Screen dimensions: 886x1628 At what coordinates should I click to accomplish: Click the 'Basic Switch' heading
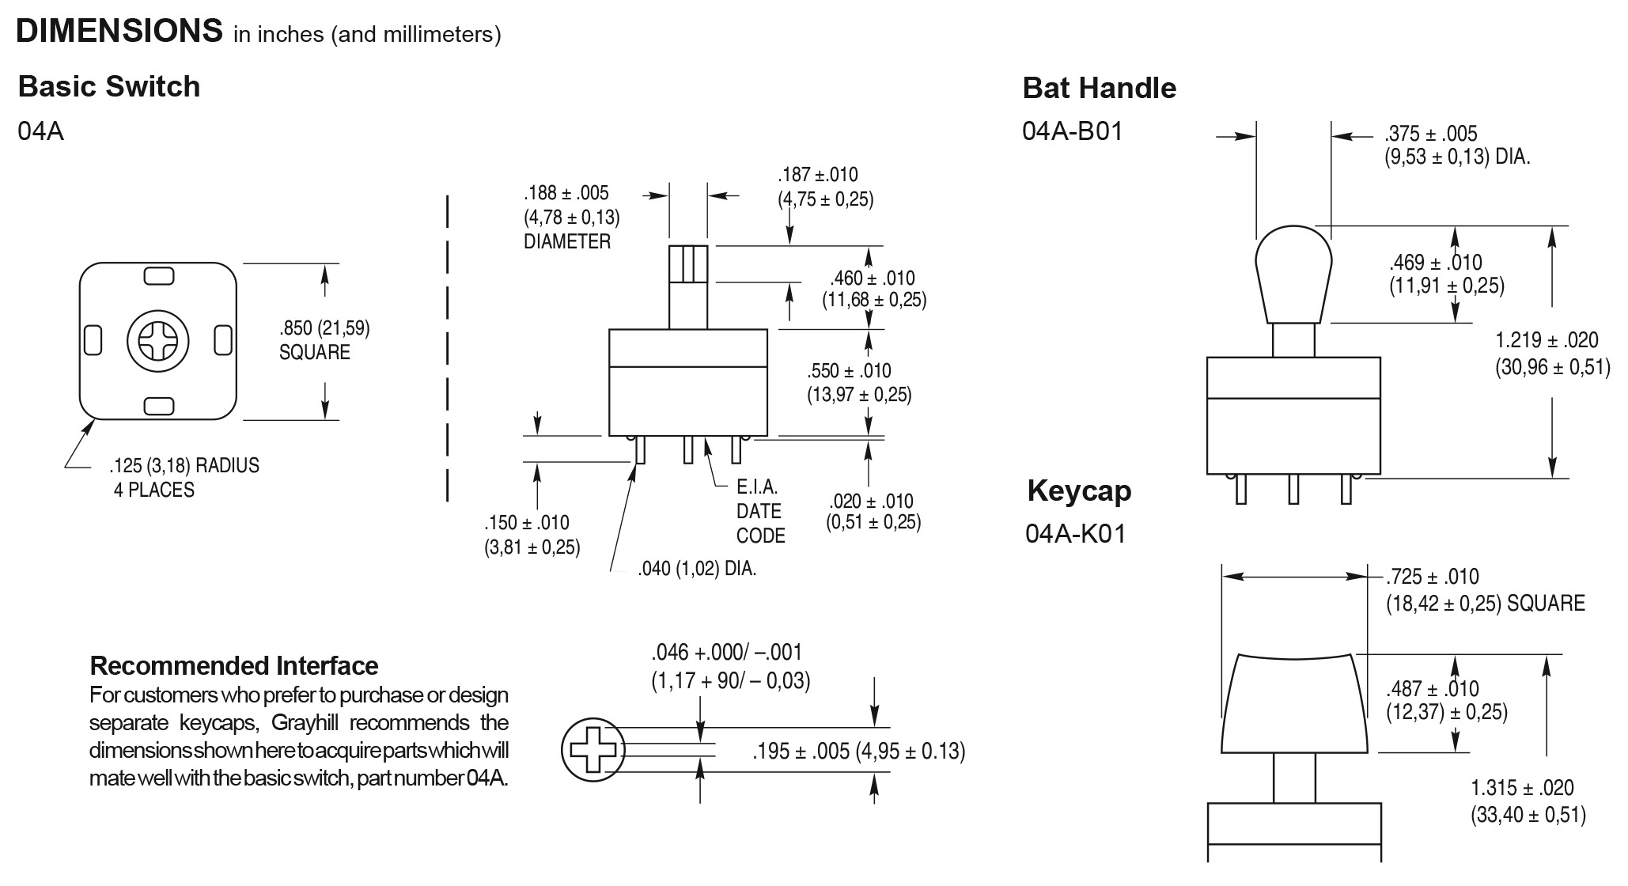(x=109, y=86)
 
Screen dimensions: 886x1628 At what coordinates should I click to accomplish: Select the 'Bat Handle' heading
(x=1099, y=88)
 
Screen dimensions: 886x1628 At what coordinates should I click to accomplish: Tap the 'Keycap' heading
(x=1079, y=490)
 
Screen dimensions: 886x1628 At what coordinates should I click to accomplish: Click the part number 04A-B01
(x=1072, y=131)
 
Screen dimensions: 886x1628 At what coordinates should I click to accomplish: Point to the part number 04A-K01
(x=1075, y=534)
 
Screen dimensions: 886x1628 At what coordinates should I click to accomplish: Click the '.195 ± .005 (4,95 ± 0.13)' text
(x=858, y=752)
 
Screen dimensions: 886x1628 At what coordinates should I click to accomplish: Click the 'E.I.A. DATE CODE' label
(x=759, y=511)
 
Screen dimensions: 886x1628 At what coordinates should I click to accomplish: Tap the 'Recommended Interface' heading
(x=234, y=665)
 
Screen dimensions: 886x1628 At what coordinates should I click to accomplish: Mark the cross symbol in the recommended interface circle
(x=593, y=748)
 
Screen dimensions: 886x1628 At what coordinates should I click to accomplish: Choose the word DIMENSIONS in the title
(x=119, y=31)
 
